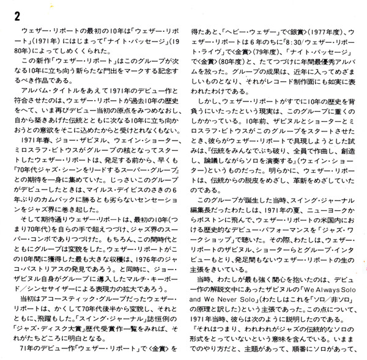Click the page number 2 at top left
click(10, 15)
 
